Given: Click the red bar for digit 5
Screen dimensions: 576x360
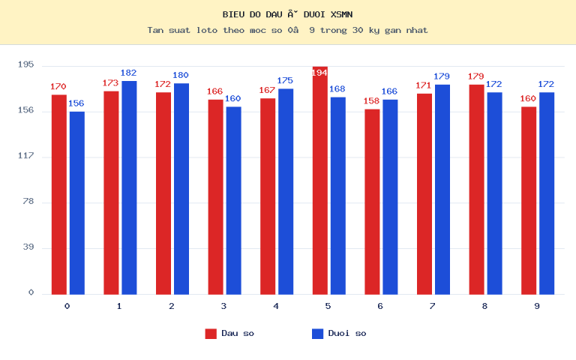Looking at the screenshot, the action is pyautogui.click(x=320, y=180).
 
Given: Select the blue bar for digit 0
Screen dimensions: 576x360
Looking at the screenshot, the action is pyautogui.click(x=77, y=203).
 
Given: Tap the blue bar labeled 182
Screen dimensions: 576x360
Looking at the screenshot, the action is pyautogui.click(x=129, y=187).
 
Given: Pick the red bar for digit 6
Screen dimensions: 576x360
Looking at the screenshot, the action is pyautogui.click(x=372, y=202).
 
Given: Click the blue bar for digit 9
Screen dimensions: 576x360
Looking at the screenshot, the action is pyautogui.click(x=547, y=193).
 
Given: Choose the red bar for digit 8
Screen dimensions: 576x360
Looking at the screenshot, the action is pyautogui.click(x=476, y=190).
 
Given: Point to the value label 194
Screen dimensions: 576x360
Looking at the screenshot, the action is pyautogui.click(x=319, y=73).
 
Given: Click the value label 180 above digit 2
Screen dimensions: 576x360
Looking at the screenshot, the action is pyautogui.click(x=181, y=75).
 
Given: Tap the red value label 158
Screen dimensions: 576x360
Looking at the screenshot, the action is pyautogui.click(x=371, y=101).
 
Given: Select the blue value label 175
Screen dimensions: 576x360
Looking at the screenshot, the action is pyautogui.click(x=285, y=80).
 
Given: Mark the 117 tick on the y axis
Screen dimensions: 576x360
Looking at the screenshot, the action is pyautogui.click(x=25, y=156).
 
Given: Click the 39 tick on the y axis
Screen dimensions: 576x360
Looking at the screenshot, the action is pyautogui.click(x=28, y=247).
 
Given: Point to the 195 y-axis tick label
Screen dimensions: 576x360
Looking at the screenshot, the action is pyautogui.click(x=25, y=64).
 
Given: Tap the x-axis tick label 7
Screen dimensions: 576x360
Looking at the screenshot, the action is pyautogui.click(x=432, y=306).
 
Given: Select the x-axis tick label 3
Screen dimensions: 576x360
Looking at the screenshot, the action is pyautogui.click(x=223, y=306).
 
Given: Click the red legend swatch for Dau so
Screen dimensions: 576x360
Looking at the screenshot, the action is pyautogui.click(x=211, y=334).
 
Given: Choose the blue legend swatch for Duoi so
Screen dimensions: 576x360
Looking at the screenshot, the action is pyautogui.click(x=317, y=334).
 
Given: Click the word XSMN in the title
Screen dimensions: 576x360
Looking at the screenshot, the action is pyautogui.click(x=342, y=15).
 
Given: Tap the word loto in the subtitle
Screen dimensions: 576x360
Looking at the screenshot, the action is pyautogui.click(x=207, y=30).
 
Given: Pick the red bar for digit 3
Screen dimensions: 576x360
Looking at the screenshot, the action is pyautogui.click(x=216, y=197).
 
